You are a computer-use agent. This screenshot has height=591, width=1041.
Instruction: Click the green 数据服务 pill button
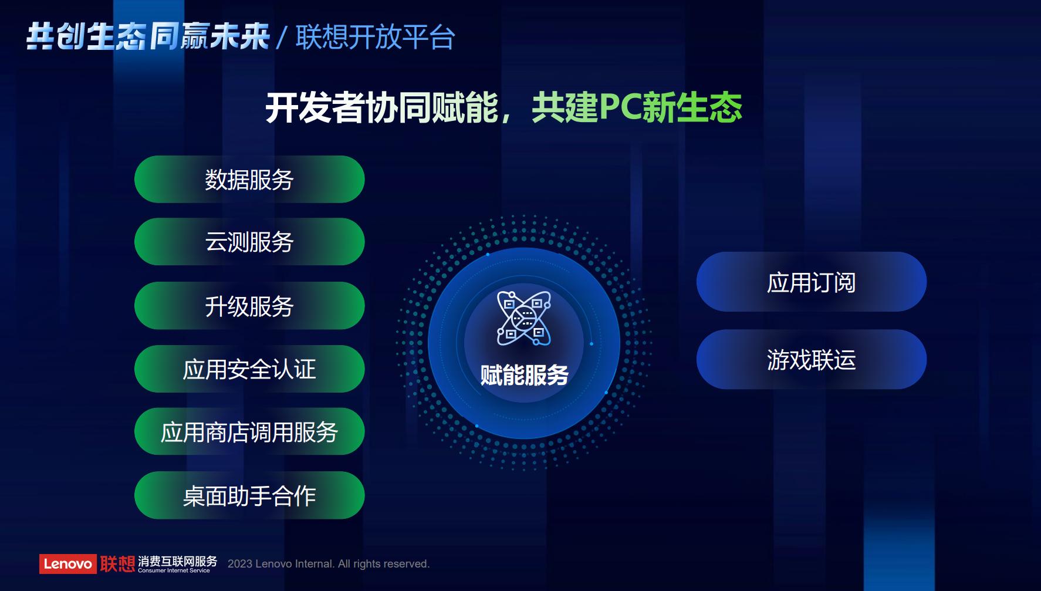tap(249, 180)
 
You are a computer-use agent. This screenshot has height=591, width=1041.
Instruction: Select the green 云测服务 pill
tap(249, 242)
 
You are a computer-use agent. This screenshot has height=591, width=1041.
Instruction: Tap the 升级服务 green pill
tap(249, 306)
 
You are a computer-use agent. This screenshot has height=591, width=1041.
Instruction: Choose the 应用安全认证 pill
tap(249, 369)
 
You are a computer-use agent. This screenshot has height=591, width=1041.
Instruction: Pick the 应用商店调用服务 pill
tap(249, 432)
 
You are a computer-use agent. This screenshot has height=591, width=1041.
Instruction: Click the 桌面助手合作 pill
tap(249, 495)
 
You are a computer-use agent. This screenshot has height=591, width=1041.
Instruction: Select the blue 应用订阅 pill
tap(811, 282)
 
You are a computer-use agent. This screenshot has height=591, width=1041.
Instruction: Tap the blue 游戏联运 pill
tap(811, 359)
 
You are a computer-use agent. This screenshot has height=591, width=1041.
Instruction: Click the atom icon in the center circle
tap(523, 318)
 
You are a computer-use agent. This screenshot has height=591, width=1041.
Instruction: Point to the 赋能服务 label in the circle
tap(524, 375)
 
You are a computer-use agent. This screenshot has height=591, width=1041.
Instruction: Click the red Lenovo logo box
tap(67, 564)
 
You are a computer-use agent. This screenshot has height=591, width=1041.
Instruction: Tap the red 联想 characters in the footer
tap(117, 563)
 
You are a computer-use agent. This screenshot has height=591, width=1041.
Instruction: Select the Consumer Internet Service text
tap(174, 570)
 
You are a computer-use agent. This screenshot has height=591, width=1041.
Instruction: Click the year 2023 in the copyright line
tap(240, 564)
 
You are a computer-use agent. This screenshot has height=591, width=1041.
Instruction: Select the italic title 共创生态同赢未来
tap(148, 37)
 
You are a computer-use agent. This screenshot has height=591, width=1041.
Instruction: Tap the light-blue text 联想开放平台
tap(375, 38)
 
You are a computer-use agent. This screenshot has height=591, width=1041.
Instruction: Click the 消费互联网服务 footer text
tap(177, 560)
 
